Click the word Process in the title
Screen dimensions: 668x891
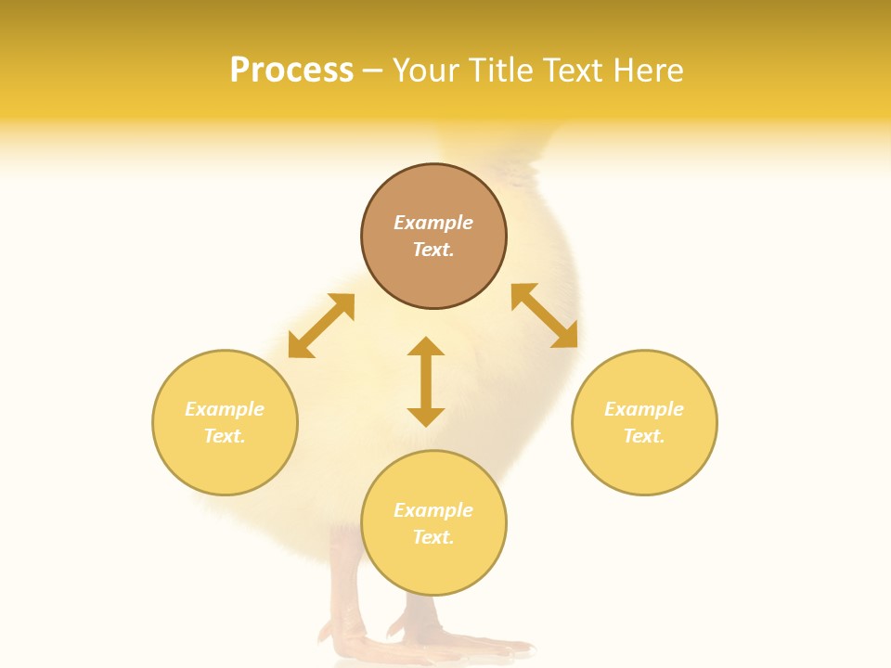coord(291,71)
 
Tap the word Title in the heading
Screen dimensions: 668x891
coord(502,71)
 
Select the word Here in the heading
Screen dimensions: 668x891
coord(647,71)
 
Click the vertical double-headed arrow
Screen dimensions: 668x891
coord(426,381)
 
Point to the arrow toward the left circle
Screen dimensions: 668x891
coord(321,326)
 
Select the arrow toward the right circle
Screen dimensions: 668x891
coord(545,315)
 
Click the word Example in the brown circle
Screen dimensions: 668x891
coord(433,223)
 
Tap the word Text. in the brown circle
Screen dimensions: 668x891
coord(433,250)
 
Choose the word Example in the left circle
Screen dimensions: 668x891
coord(225,409)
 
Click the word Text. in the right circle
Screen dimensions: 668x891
coord(644,436)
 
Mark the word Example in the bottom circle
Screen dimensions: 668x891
coord(433,510)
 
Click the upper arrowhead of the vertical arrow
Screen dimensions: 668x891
coord(426,347)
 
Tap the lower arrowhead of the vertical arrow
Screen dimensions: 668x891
coord(426,417)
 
